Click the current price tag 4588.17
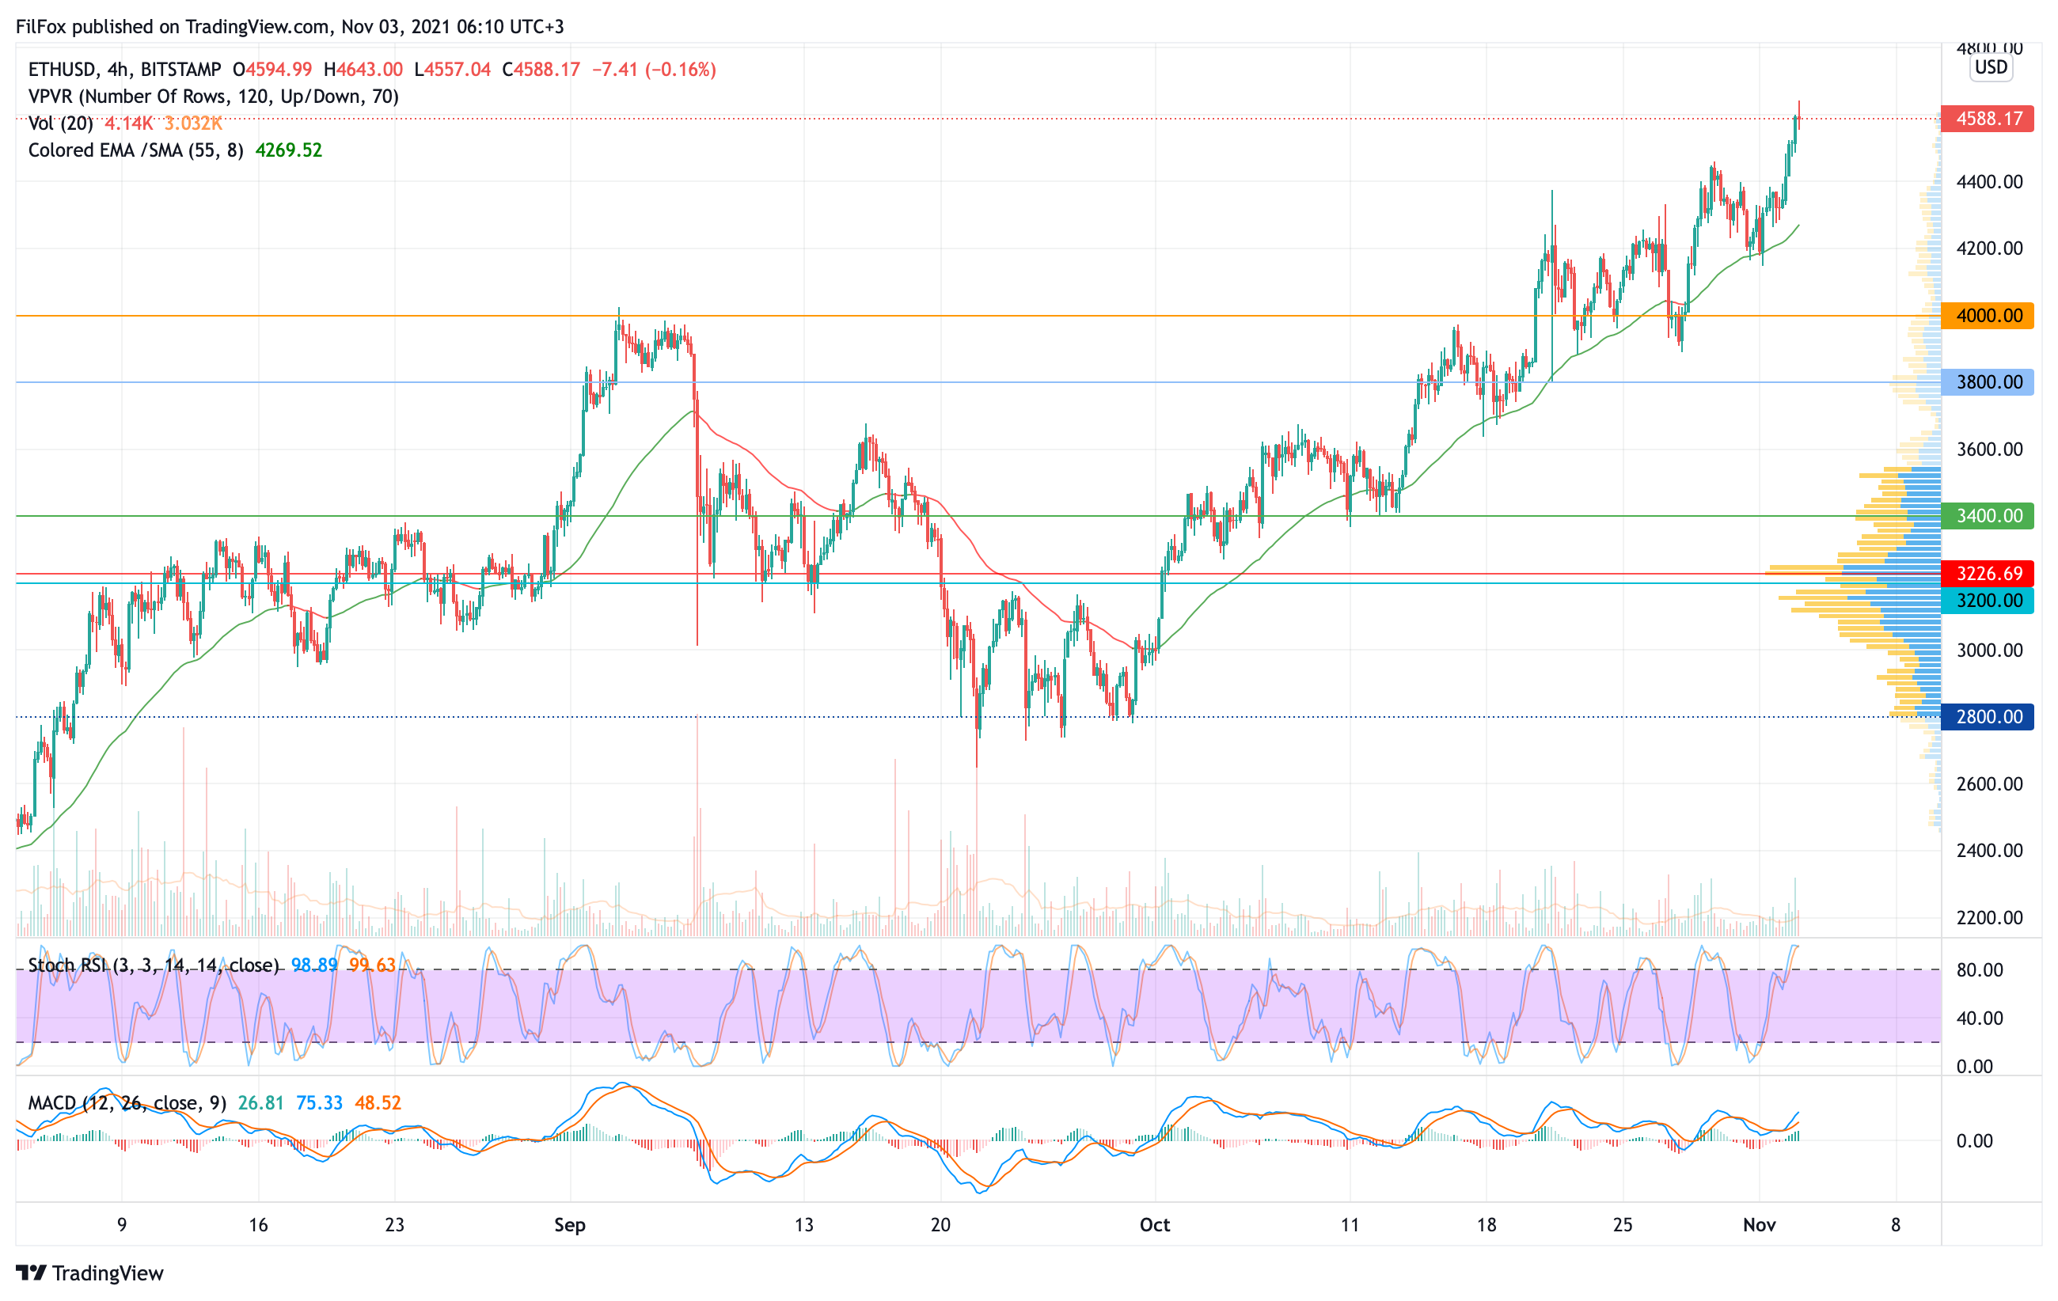1987,118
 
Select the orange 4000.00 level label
1987,315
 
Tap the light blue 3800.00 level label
1987,382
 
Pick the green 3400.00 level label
1987,516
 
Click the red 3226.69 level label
1987,573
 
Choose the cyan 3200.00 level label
1987,601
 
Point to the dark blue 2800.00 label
1987,717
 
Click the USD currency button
1991,67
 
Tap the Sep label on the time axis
569,1225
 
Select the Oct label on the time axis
1155,1225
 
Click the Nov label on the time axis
1759,1225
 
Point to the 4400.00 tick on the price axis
1990,182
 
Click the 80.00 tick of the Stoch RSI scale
1980,969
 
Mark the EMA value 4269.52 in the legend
289,150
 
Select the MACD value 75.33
319,1103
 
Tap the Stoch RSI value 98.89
313,965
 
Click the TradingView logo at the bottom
89,1273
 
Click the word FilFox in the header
41,26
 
